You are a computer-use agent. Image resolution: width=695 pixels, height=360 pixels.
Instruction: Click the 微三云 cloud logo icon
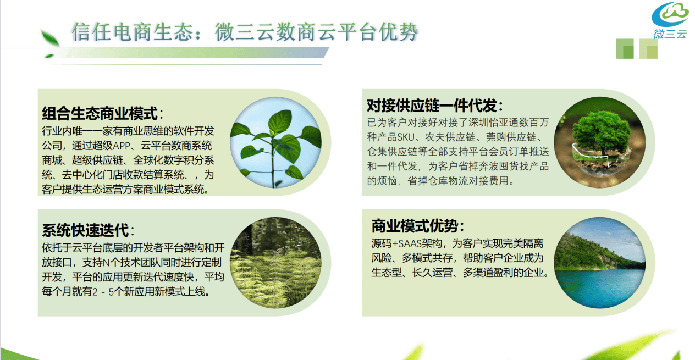click(x=670, y=14)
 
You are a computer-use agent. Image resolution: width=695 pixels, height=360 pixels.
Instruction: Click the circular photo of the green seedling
click(x=276, y=143)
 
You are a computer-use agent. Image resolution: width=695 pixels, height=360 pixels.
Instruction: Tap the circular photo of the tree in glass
click(x=600, y=143)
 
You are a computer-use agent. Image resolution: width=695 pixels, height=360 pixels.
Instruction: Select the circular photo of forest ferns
click(x=276, y=263)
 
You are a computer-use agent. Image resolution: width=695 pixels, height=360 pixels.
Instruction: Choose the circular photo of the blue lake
click(x=600, y=263)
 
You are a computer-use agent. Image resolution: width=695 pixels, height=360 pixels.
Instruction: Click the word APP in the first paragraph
click(x=122, y=146)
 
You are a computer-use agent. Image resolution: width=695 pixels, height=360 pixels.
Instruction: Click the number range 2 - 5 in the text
click(x=103, y=292)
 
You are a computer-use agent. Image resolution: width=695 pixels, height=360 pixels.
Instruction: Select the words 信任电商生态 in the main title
click(x=132, y=32)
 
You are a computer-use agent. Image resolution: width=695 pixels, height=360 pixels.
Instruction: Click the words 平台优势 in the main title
click(x=378, y=32)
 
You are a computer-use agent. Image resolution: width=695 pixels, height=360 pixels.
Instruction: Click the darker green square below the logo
click(x=624, y=49)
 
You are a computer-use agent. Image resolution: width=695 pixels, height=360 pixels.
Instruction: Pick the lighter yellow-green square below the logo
click(x=648, y=49)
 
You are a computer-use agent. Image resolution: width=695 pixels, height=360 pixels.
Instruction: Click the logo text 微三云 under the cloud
click(x=670, y=34)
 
